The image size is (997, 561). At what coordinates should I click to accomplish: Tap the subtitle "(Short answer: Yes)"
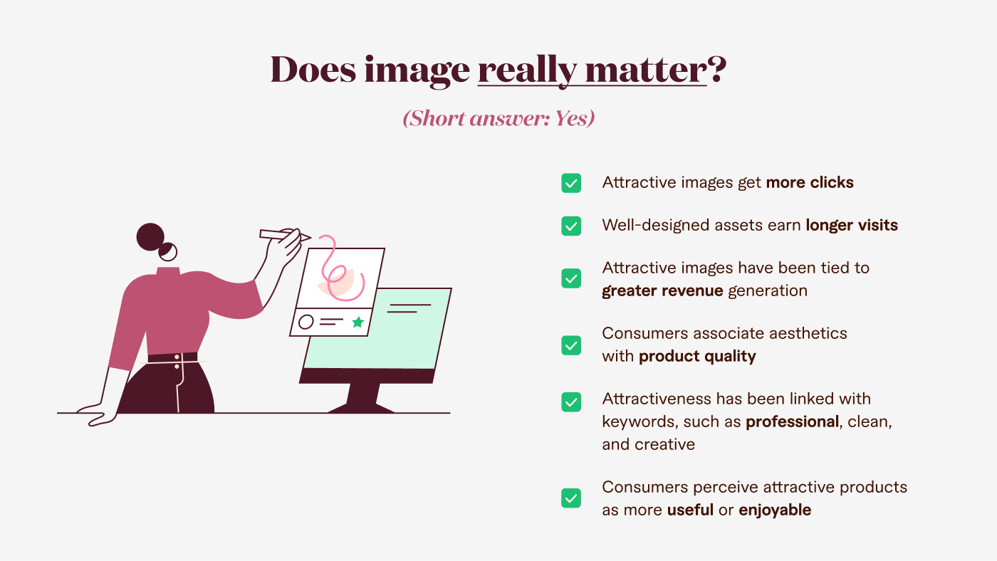point(499,118)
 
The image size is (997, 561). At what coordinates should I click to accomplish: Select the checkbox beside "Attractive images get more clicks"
point(571,183)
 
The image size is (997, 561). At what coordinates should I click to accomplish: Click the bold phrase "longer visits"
point(852,226)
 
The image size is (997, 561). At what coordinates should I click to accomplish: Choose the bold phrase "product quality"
point(697,356)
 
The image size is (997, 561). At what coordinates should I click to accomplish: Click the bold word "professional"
point(792,421)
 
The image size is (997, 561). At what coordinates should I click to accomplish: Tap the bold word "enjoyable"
point(775,510)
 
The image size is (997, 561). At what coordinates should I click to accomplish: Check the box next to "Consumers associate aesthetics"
point(571,345)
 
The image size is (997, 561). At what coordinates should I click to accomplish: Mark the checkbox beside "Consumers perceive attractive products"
point(571,498)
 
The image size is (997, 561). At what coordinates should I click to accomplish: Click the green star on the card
point(357,322)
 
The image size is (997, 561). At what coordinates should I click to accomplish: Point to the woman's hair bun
point(150,237)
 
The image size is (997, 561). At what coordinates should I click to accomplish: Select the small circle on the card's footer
point(306,322)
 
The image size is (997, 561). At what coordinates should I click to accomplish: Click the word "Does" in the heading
point(312,70)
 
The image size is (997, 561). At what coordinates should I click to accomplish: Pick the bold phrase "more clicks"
point(810,183)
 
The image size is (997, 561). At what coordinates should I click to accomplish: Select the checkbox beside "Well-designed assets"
point(571,226)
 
